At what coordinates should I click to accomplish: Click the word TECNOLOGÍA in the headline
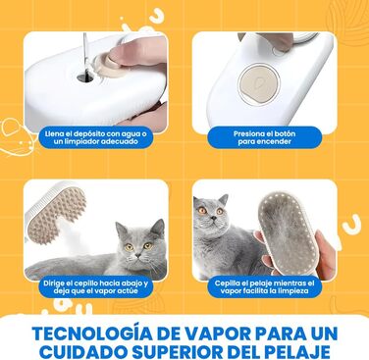point(91,334)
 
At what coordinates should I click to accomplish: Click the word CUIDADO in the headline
point(83,352)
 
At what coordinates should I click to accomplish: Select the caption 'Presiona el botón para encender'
point(264,137)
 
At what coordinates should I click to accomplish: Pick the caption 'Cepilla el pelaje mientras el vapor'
point(264,286)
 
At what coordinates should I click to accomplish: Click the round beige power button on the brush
point(259,83)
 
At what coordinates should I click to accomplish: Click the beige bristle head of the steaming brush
point(58,213)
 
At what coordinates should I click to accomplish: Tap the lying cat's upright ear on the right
point(158,229)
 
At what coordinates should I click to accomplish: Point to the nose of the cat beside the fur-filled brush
point(212,217)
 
